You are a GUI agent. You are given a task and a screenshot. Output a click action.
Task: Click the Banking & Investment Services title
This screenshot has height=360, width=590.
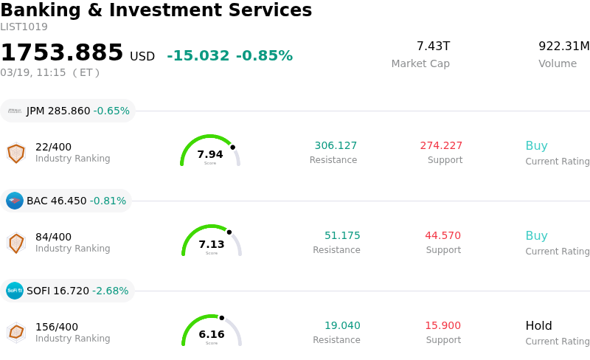(156, 10)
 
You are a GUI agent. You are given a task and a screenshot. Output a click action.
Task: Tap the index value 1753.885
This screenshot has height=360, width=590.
(62, 53)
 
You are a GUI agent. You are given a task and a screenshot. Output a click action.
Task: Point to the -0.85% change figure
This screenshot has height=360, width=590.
(264, 56)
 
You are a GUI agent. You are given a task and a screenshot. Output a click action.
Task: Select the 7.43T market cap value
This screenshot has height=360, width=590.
(433, 46)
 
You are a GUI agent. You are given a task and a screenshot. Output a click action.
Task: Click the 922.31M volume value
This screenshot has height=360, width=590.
(563, 46)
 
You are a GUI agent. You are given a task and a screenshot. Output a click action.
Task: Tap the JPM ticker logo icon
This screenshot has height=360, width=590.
(15, 111)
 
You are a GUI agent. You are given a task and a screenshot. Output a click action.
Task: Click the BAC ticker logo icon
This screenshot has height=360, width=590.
(15, 201)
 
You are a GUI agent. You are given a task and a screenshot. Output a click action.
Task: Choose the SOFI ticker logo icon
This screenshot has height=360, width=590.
(15, 291)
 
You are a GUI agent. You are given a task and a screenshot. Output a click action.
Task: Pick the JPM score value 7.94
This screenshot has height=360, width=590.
(210, 154)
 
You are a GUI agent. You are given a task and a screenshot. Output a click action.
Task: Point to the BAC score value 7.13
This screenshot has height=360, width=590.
(212, 244)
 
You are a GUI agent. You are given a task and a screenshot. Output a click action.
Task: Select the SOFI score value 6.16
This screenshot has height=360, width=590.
(212, 334)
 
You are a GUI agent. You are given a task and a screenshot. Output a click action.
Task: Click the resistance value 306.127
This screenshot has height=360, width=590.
(336, 146)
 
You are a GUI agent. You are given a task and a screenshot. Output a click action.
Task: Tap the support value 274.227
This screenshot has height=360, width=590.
(441, 146)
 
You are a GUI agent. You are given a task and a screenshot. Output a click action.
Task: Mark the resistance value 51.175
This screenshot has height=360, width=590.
(342, 236)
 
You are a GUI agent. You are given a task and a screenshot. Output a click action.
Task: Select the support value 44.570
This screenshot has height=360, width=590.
(442, 236)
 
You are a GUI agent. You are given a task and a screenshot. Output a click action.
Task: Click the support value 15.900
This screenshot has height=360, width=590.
(442, 326)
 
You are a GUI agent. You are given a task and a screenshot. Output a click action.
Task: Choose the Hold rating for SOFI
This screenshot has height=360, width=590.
(538, 326)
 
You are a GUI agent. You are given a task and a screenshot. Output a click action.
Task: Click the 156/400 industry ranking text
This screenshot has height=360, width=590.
(57, 327)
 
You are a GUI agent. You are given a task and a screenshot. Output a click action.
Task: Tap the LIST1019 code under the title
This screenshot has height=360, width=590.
(24, 27)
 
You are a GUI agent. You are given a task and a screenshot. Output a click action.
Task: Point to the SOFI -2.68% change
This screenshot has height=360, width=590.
(111, 291)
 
